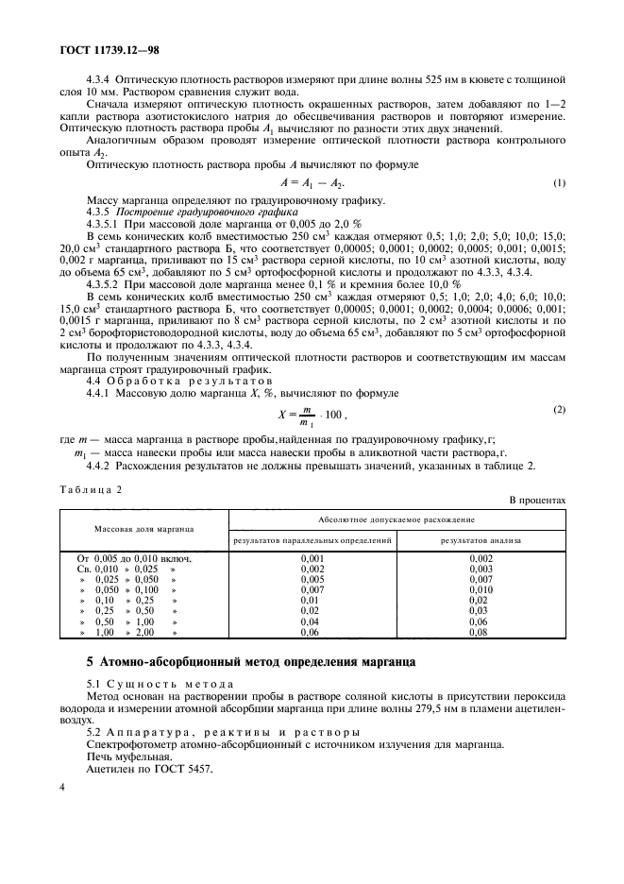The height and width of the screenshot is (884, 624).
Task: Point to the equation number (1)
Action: click(x=559, y=182)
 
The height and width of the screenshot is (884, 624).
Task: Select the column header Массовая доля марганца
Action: click(x=143, y=530)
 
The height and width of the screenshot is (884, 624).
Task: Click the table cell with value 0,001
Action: click(x=312, y=559)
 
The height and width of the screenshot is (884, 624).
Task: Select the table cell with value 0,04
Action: click(x=312, y=621)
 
